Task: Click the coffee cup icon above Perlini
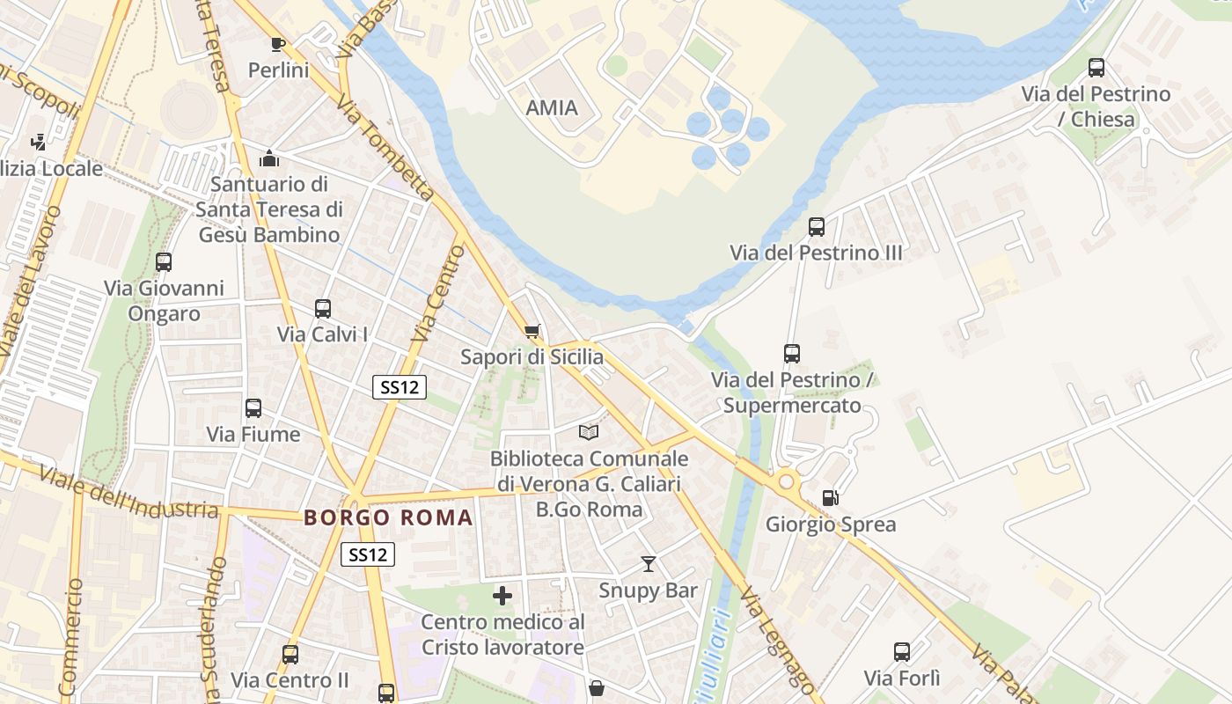coord(278,44)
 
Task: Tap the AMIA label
coord(552,108)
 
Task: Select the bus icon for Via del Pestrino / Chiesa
coord(1096,68)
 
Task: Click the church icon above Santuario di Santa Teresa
coord(269,158)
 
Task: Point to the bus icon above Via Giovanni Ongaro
coord(164,262)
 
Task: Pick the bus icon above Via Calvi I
coord(323,309)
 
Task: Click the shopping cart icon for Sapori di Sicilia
coord(532,332)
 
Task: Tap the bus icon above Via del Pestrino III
coord(817,227)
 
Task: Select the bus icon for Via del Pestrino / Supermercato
coord(792,354)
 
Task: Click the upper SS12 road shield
coord(400,387)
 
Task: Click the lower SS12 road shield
coord(368,554)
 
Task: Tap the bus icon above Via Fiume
coord(253,408)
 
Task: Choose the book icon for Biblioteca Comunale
coord(589,433)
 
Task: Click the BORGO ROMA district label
coord(389,517)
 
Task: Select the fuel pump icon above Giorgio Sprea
coord(830,498)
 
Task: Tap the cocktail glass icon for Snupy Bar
coord(649,564)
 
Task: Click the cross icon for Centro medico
coord(502,596)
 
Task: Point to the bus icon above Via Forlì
coord(902,652)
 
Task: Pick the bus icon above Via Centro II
coord(290,655)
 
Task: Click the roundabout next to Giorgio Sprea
coord(786,481)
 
